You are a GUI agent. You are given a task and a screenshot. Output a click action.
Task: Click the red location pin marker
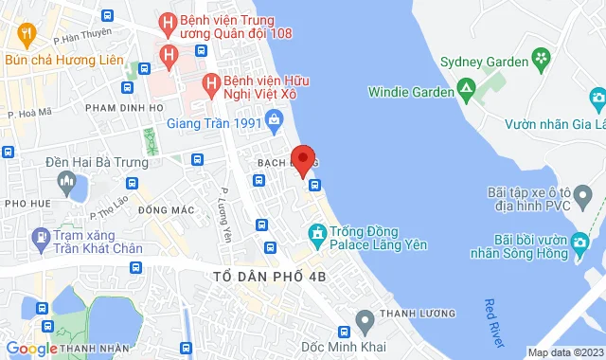click(303, 160)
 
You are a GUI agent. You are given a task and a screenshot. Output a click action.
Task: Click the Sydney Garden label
click(484, 62)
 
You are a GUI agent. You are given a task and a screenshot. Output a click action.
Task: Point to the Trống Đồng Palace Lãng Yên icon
click(316, 232)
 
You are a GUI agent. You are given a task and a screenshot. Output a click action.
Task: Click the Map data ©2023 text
click(565, 352)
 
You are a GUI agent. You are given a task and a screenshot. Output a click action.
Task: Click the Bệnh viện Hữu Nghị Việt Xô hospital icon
click(210, 83)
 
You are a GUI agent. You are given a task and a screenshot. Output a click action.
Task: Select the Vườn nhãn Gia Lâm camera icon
click(597, 98)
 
